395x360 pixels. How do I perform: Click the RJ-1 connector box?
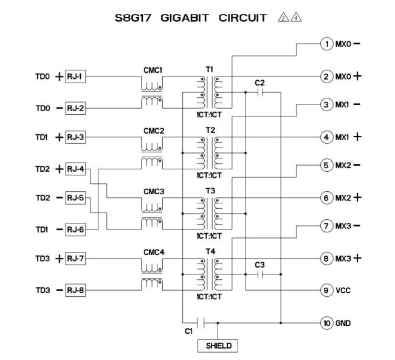75,76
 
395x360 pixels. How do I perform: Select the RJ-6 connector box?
75,229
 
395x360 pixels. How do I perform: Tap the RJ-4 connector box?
75,169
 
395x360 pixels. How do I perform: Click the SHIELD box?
218,346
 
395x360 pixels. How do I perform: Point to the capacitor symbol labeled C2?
260,92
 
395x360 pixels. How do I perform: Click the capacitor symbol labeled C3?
260,274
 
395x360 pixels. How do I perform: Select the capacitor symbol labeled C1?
201,323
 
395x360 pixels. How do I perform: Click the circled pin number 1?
327,44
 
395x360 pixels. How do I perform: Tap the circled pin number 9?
327,290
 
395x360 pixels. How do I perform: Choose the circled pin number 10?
327,323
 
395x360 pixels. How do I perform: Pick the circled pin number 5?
327,165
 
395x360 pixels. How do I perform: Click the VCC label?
343,291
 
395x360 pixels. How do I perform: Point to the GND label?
343,323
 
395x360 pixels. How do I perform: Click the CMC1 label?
153,70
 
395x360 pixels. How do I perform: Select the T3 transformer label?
210,191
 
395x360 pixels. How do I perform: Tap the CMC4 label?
154,253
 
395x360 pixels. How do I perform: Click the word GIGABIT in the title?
185,18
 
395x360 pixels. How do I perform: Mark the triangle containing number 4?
296,18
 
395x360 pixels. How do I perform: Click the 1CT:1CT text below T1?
209,115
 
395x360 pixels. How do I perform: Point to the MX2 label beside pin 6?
343,198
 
